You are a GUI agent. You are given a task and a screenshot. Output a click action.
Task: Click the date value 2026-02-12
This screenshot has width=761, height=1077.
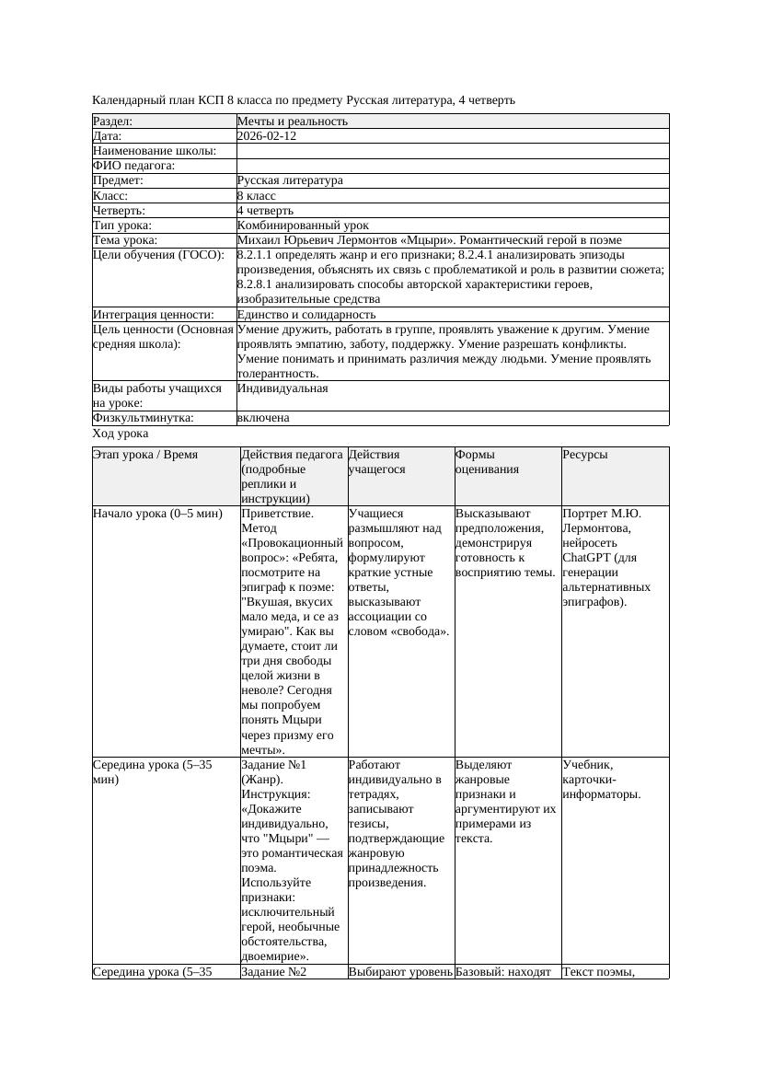click(x=266, y=136)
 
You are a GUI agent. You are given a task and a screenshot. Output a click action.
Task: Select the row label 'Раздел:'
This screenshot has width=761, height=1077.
click(x=113, y=122)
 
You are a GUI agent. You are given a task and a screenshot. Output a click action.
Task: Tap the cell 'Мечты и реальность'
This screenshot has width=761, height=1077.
click(x=292, y=122)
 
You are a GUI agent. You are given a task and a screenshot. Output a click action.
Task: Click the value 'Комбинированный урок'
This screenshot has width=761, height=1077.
click(x=303, y=226)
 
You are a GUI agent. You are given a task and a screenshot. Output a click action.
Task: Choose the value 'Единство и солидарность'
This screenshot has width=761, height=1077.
click(x=306, y=315)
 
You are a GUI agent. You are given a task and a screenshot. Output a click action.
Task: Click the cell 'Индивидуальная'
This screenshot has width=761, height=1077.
click(x=282, y=388)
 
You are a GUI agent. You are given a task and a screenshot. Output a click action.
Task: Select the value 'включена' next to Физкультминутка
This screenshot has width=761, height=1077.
click(x=262, y=418)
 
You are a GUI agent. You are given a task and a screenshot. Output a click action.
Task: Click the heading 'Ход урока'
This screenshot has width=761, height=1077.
click(x=121, y=434)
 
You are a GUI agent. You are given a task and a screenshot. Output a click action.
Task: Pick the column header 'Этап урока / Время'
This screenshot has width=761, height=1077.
click(x=145, y=455)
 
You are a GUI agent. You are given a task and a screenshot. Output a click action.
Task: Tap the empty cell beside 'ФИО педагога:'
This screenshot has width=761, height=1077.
click(x=452, y=166)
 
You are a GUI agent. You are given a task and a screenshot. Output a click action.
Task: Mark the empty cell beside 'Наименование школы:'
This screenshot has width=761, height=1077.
click(x=452, y=151)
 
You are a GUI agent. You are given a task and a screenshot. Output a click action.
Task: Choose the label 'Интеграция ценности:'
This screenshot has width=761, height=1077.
click(x=153, y=315)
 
